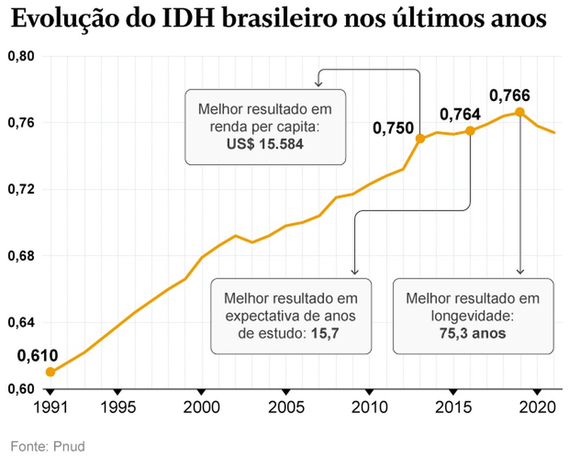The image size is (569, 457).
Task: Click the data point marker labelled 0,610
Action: (x=50, y=372)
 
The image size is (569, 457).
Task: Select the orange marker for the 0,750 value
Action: (x=420, y=138)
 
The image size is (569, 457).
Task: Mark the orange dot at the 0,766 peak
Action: (x=519, y=112)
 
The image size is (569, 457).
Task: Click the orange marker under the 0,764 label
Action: (x=470, y=131)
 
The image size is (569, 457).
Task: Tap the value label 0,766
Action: (x=509, y=95)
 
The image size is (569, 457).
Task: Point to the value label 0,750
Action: (x=393, y=129)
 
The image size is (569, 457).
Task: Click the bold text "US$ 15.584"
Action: (x=265, y=145)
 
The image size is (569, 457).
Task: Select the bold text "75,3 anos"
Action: (x=472, y=334)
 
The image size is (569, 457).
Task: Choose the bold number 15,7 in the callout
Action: (x=325, y=334)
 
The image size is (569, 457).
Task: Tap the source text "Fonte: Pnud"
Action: (x=47, y=446)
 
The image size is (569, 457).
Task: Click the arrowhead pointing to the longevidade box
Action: (x=519, y=272)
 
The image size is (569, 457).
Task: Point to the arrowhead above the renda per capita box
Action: (x=319, y=84)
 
